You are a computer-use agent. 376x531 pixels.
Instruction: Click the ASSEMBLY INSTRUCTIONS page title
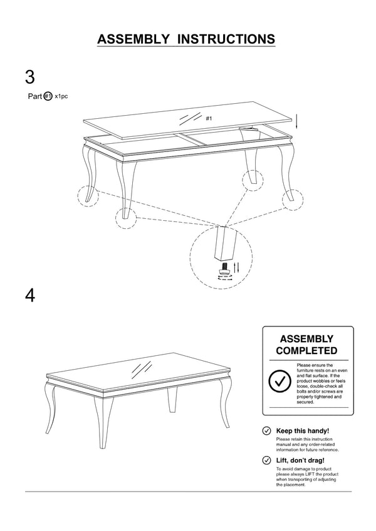186,39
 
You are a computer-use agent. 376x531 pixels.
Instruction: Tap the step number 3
30,78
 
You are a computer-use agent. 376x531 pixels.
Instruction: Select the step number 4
30,295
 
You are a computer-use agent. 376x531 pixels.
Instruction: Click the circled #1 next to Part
48,96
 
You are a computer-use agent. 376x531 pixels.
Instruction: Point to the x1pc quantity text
61,96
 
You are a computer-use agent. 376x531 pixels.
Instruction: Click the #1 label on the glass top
209,118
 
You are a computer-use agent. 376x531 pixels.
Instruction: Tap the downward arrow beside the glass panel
298,120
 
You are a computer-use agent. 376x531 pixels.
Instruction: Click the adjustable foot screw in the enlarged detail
222,268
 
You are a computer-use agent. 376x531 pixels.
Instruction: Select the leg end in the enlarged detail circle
221,245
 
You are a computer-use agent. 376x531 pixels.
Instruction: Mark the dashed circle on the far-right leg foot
292,199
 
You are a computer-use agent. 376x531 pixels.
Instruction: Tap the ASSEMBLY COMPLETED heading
307,344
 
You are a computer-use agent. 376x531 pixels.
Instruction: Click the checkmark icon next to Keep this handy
266,431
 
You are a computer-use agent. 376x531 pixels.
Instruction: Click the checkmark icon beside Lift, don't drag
266,460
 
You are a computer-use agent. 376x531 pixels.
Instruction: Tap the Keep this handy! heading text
303,431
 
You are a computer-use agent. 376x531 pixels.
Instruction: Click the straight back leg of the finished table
173,399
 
